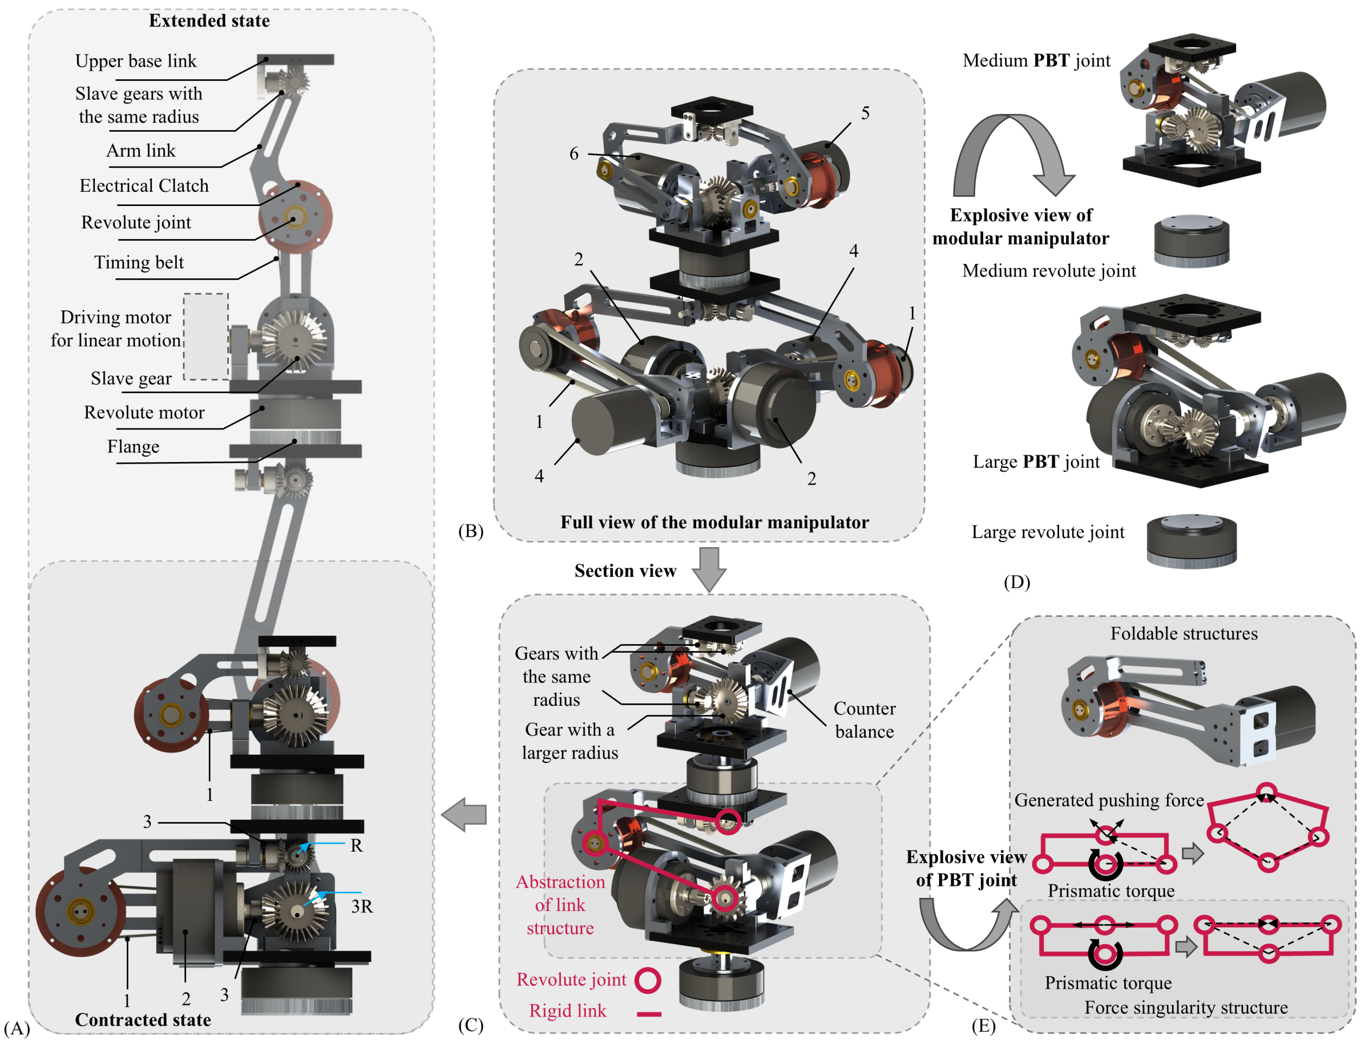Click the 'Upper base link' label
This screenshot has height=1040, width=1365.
coord(136,60)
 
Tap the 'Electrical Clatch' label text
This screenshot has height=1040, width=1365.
coord(144,186)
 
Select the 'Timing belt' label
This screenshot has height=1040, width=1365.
coord(139,262)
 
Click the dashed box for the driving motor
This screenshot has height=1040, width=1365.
coord(205,336)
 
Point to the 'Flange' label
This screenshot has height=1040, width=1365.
coord(133,446)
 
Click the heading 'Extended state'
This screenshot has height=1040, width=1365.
coord(209,21)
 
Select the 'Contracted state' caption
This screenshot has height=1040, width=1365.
coord(143,1019)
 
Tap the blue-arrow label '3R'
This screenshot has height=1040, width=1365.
coord(362,907)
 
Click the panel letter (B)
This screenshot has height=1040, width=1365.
coord(470,531)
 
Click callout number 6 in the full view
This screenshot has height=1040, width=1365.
coord(574,153)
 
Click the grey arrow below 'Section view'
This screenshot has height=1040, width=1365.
coord(709,569)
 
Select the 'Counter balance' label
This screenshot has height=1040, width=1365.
coord(864,720)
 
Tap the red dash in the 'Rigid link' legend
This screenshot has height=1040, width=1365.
coord(649,1014)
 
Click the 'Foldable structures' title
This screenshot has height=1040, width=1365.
coord(1184,633)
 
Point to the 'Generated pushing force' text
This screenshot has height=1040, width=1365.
coord(1109,800)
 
